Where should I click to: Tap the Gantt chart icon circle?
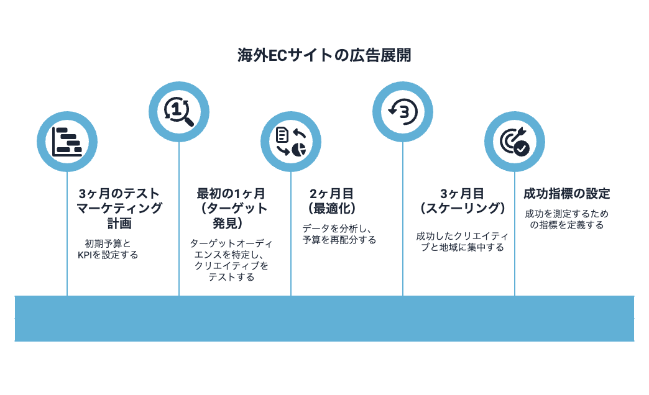(67, 142)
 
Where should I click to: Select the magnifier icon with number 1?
(178, 111)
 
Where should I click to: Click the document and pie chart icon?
(290, 142)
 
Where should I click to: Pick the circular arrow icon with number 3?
(402, 111)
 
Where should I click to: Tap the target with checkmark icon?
(514, 142)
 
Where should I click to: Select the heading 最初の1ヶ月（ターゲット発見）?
(231, 208)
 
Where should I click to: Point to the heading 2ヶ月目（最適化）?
(332, 201)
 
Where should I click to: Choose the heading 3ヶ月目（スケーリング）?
(461, 201)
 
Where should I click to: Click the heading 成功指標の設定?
(566, 194)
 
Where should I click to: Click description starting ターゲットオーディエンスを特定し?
(231, 260)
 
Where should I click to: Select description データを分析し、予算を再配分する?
(339, 234)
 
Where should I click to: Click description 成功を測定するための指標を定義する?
(566, 219)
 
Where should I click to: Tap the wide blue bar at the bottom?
(324, 318)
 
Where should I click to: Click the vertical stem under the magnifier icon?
(179, 217)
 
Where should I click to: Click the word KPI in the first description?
(85, 255)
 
